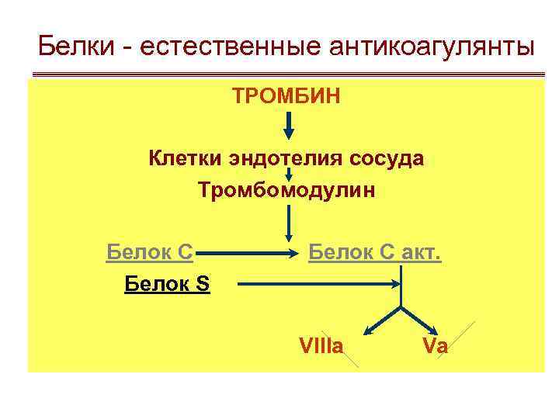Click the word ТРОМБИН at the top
pyautogui.click(x=286, y=97)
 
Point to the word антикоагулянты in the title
pyautogui.click(x=432, y=47)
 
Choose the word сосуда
pyautogui.click(x=386, y=159)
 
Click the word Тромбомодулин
pyautogui.click(x=286, y=190)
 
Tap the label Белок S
pyautogui.click(x=166, y=284)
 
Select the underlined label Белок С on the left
pyautogui.click(x=149, y=252)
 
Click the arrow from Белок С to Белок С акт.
pyautogui.click(x=248, y=253)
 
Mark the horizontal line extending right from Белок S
pyautogui.click(x=318, y=284)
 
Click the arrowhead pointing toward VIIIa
pyautogui.click(x=371, y=331)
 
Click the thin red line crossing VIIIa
pyautogui.click(x=348, y=356)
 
